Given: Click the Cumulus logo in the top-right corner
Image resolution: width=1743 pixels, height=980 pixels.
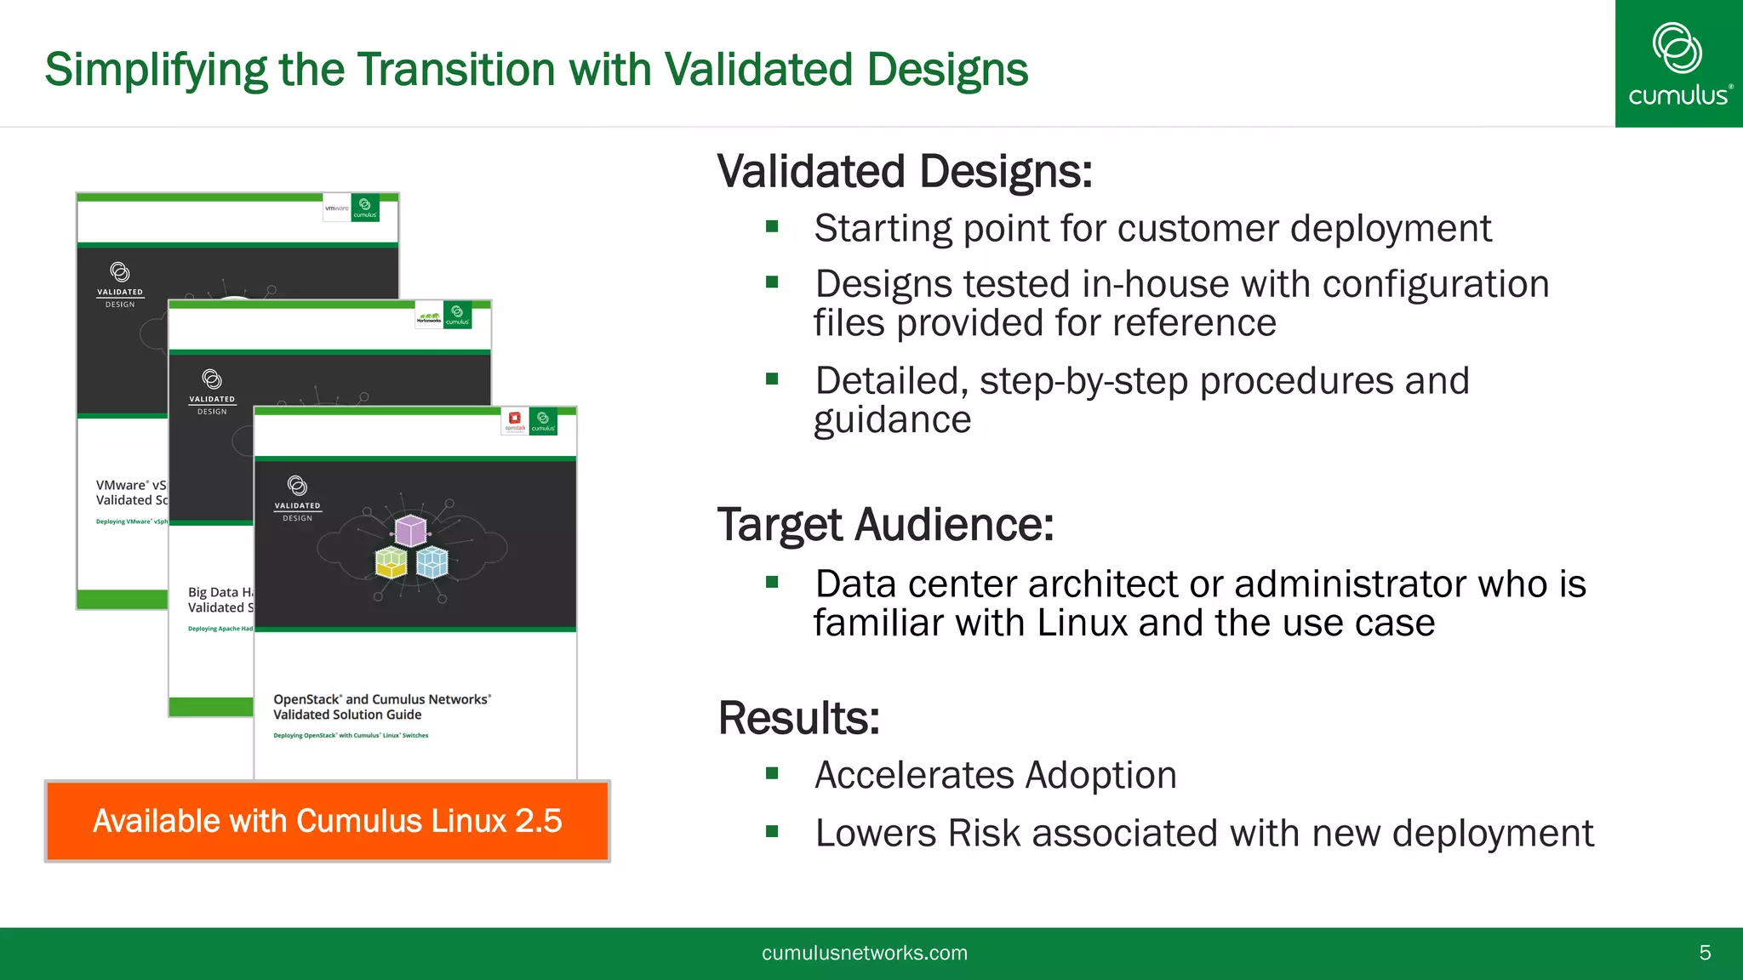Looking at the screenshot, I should [1678, 64].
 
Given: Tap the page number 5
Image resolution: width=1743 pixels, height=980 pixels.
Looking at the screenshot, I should [1705, 953].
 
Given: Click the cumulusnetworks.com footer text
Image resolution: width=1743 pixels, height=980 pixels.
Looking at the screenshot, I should [864, 953].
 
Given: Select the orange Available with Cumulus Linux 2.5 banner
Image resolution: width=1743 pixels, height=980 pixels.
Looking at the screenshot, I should [328, 821].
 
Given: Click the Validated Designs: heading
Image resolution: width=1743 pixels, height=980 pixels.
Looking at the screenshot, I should [904, 171].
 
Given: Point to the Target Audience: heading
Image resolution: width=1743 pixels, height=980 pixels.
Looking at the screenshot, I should [885, 524].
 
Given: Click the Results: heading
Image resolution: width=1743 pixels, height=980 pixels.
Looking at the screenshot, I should [798, 717].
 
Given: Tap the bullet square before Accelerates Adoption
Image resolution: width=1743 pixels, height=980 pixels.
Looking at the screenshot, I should [772, 773].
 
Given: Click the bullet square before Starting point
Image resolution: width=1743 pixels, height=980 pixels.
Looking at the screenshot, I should [772, 226].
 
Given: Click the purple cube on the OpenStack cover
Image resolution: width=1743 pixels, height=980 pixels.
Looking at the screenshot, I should [411, 530].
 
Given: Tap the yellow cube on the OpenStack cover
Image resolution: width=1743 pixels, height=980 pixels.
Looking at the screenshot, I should [391, 562].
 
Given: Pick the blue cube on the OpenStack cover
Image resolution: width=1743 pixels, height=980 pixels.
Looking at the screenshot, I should [431, 562].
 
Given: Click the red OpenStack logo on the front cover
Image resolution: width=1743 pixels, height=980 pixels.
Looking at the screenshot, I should [515, 419].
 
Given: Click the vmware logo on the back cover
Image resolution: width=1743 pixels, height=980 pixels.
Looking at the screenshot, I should [337, 208].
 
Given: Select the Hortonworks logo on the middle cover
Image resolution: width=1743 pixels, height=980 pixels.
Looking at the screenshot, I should [429, 316].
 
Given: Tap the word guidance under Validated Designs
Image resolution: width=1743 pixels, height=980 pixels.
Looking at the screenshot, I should [892, 420].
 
